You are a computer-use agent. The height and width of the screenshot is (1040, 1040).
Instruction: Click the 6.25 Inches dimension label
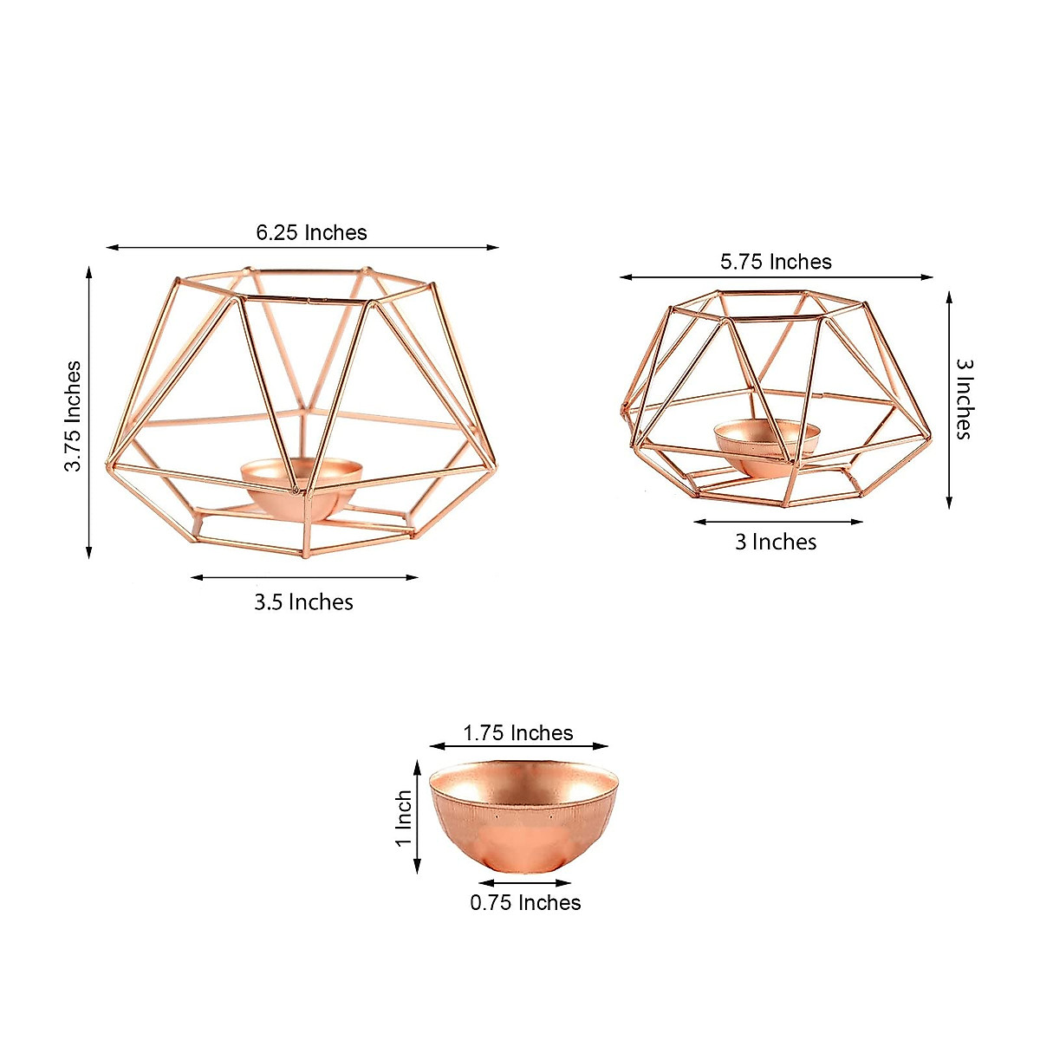(x=311, y=232)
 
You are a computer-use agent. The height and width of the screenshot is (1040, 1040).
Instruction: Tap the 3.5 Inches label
(x=303, y=602)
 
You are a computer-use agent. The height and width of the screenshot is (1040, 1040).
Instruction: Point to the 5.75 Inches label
(x=776, y=262)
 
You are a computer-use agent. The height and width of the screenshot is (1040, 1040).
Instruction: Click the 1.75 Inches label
(x=517, y=733)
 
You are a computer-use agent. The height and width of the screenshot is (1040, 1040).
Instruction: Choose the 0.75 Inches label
(x=525, y=903)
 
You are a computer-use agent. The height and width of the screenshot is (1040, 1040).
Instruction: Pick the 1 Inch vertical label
(x=404, y=819)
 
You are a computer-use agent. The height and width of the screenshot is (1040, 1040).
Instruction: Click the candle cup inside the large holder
(x=301, y=485)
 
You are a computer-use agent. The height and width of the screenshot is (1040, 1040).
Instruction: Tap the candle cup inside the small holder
(x=766, y=444)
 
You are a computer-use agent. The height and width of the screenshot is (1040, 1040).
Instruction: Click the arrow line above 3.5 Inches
(x=304, y=577)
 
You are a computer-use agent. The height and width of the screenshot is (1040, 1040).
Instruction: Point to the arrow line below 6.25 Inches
(x=302, y=248)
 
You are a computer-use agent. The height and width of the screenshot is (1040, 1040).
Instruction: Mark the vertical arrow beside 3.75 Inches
(x=88, y=412)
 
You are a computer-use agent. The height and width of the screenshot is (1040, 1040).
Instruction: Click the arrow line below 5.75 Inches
(x=776, y=277)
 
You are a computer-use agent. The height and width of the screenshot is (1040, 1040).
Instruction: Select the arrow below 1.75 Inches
(x=518, y=745)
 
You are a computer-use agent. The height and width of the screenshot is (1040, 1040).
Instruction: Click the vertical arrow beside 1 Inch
(x=418, y=816)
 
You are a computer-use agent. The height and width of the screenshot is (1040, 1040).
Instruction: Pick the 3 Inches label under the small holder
(x=776, y=543)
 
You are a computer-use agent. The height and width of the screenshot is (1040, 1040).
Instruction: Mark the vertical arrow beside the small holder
(x=949, y=399)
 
